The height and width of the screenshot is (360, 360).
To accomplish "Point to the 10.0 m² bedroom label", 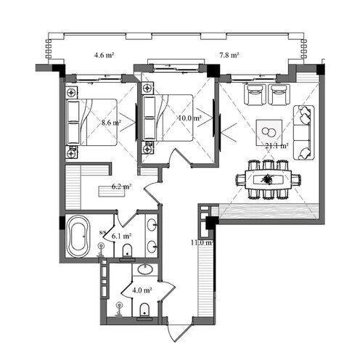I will (x=190, y=118).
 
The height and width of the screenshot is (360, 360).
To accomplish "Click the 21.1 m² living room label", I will (x=277, y=145).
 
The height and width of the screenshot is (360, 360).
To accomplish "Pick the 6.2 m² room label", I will (x=120, y=187).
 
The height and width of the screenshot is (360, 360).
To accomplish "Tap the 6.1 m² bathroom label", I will (x=120, y=236).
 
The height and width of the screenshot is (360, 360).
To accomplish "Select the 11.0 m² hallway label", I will (x=200, y=242).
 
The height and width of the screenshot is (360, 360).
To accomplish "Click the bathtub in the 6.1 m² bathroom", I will (x=77, y=237).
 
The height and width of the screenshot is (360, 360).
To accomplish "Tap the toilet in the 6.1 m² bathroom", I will (x=128, y=251).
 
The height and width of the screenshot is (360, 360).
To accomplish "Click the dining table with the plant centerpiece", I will (x=268, y=179).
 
